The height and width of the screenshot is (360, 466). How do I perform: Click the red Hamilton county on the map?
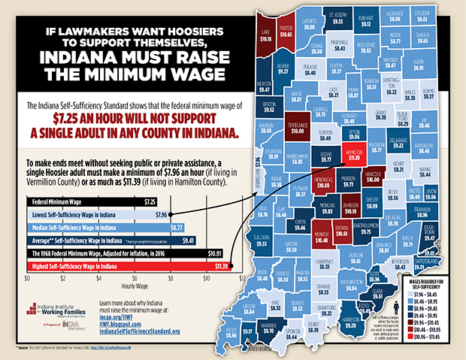pos(356,156)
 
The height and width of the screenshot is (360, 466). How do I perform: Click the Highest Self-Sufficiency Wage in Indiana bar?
pos(127,265)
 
